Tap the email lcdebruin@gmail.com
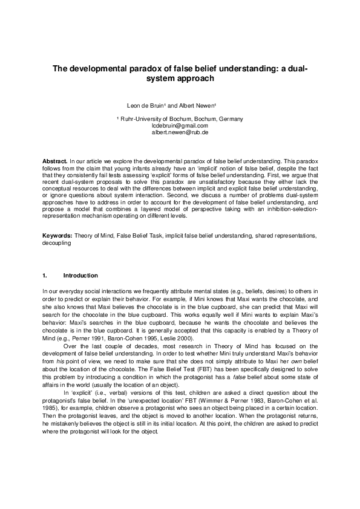[180, 125]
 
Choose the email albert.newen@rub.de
[180, 131]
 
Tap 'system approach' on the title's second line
[180, 79]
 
